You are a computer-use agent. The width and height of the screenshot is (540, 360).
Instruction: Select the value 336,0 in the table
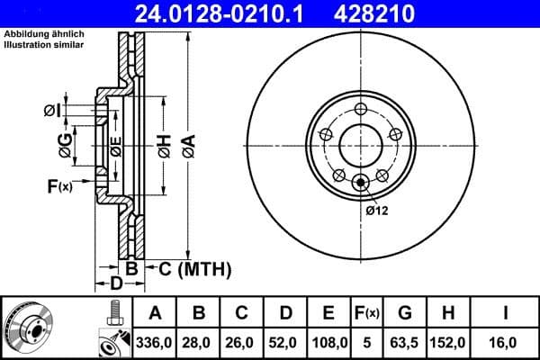[x=156, y=343]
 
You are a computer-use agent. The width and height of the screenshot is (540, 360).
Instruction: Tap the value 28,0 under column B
[x=199, y=343]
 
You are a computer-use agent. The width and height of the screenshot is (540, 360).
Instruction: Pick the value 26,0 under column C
[x=242, y=343]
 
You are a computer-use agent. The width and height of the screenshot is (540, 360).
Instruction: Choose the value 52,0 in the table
[x=285, y=343]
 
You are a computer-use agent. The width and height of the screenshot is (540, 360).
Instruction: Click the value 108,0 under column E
[x=328, y=343]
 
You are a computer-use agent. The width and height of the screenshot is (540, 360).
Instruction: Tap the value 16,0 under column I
[x=507, y=343]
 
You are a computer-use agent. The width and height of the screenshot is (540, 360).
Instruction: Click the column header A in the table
[x=156, y=314]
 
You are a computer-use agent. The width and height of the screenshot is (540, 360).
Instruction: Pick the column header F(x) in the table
[x=367, y=314]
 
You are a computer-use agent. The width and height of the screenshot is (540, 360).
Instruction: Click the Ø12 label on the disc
[x=376, y=211]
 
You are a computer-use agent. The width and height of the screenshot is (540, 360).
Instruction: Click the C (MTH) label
[x=195, y=268]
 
